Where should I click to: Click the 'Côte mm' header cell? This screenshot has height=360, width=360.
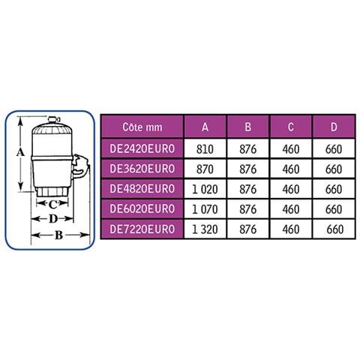point(142,127)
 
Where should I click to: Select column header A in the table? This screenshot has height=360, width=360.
point(205,127)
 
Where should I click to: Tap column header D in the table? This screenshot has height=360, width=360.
point(334,127)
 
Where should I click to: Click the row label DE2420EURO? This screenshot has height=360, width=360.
point(142,148)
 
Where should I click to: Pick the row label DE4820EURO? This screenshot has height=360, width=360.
point(142,189)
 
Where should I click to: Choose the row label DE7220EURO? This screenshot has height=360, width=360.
point(142,229)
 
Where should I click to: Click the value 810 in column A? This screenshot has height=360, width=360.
point(205,149)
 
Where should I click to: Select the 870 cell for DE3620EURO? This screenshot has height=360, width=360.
point(205,169)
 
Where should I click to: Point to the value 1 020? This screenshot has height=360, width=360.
point(205,189)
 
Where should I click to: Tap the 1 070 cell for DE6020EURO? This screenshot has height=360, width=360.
point(205,209)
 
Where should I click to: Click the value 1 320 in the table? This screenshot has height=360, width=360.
point(205,229)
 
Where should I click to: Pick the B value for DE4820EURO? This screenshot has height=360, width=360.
point(248,189)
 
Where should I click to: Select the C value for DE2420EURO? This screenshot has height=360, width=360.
point(291,149)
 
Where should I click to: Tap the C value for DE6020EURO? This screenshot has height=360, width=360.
point(291,209)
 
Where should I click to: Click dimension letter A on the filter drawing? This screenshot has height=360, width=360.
point(20,151)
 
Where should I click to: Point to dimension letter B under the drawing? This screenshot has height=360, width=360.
point(58,235)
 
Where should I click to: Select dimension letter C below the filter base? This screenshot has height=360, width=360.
point(52,205)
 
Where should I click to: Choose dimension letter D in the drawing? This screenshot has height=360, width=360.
point(53,219)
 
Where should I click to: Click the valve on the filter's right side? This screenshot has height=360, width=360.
point(80,167)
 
